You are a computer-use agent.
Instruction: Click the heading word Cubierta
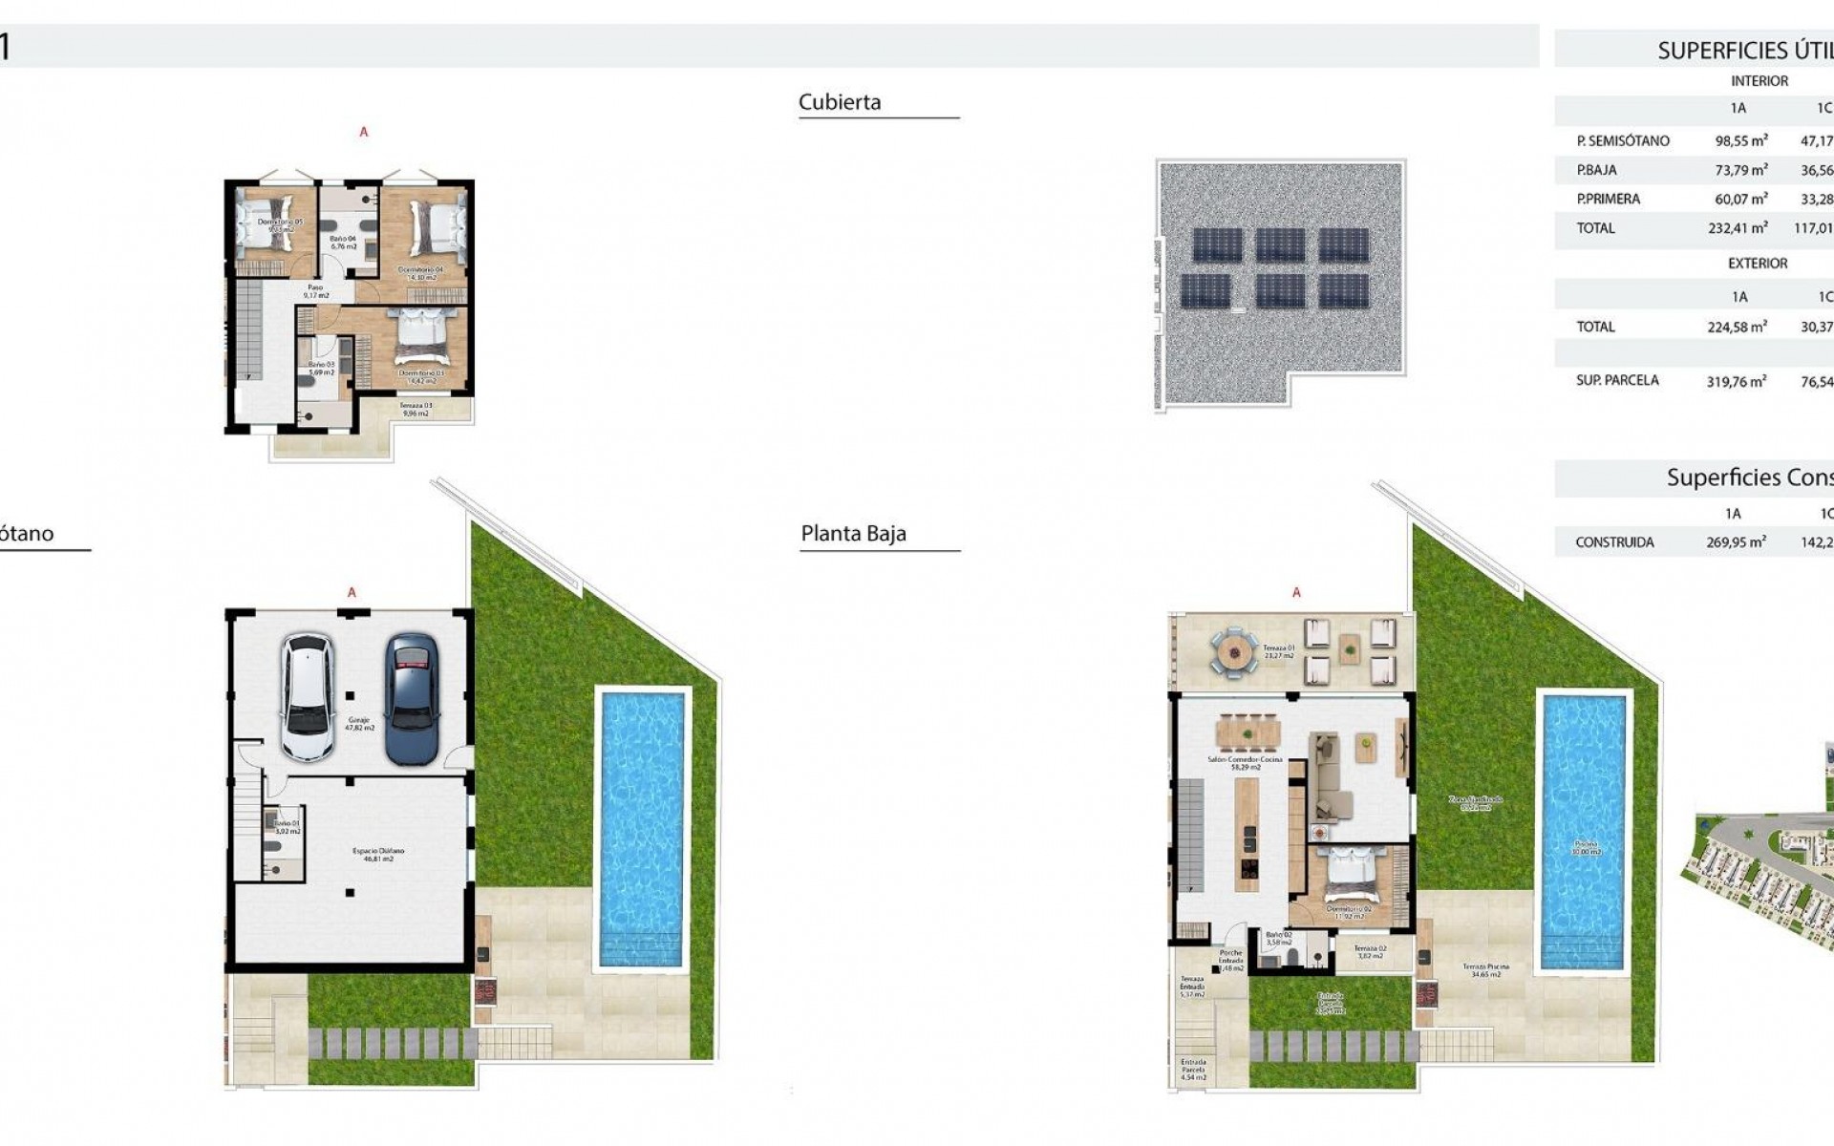point(840,102)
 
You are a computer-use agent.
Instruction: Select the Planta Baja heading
point(853,534)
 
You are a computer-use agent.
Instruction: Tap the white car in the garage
point(309,698)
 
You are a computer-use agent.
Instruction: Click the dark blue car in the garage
point(412,698)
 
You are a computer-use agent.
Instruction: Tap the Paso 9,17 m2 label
point(315,291)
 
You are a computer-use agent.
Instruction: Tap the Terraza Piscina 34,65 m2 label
point(1484,970)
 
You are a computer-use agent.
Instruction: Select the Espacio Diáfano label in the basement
point(377,854)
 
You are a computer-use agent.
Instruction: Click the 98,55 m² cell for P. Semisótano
point(1740,140)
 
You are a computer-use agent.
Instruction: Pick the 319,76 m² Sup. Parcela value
point(1736,380)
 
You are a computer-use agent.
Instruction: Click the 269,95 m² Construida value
point(1736,541)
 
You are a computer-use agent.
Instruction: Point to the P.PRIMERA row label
point(1609,199)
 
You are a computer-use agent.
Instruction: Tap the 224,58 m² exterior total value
point(1737,327)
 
